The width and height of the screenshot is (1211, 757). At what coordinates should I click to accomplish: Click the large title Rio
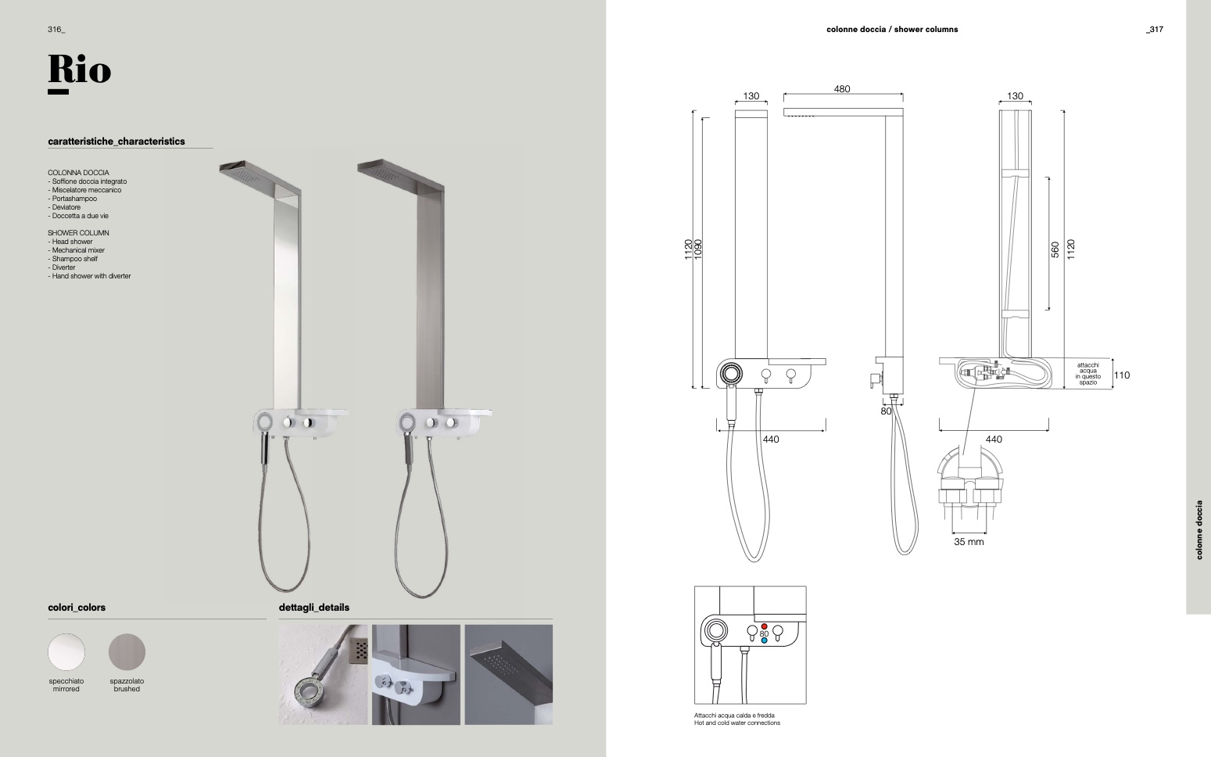(80, 70)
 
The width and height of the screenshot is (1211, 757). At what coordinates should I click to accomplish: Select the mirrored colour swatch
(66, 652)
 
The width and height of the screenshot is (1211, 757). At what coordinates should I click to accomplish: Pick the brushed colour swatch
(127, 652)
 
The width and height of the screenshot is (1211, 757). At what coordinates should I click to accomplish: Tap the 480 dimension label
(842, 88)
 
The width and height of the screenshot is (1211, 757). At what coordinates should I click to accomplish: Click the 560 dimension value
(1055, 249)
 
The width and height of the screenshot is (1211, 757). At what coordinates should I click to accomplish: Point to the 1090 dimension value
(698, 249)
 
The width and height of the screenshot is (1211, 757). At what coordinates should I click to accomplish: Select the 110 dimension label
(1122, 375)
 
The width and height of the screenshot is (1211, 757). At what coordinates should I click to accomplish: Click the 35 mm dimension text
(969, 541)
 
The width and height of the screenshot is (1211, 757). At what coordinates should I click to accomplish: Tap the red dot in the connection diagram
(764, 626)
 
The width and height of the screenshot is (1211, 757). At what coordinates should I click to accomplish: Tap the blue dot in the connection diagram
(764, 640)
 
